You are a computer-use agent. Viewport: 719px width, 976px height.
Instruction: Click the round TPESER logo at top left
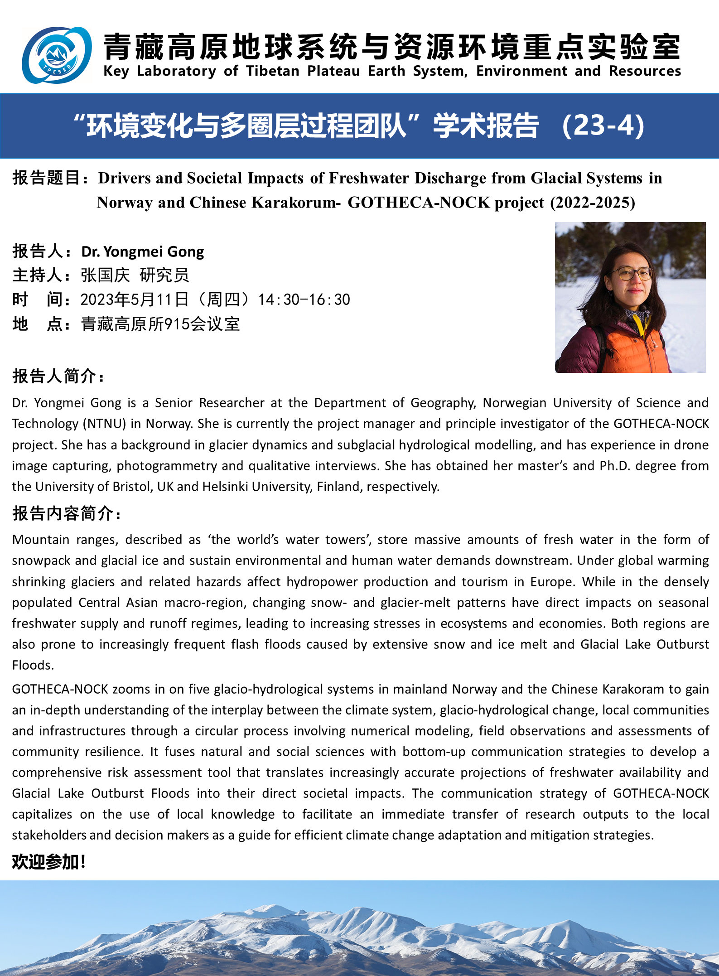click(x=57, y=55)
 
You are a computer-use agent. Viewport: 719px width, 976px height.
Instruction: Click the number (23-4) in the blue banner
click(x=603, y=126)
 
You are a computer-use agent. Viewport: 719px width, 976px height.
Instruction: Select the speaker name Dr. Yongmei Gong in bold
click(x=143, y=251)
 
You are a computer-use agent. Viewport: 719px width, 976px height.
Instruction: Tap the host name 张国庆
click(x=105, y=275)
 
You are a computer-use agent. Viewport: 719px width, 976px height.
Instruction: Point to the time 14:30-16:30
click(x=304, y=300)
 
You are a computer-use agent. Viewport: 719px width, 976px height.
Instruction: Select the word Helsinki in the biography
click(x=225, y=487)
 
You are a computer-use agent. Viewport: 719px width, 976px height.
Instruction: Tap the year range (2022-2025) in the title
click(x=592, y=203)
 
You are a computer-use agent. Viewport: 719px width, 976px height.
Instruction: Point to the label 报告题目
click(x=47, y=178)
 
